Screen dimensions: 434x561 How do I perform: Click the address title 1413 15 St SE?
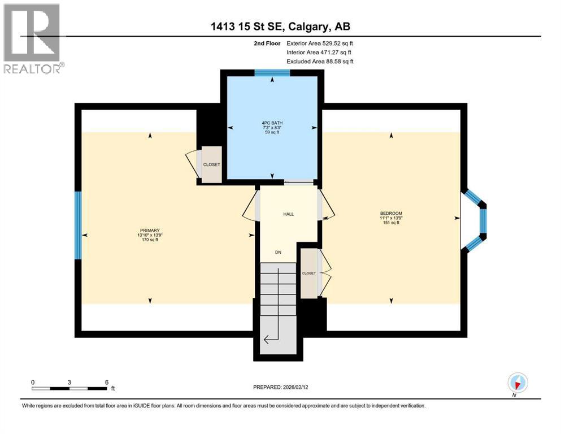point(280,27)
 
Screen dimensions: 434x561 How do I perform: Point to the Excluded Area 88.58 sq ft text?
point(320,61)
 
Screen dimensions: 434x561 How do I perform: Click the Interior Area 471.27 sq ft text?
point(319,52)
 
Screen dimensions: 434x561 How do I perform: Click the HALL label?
point(288,214)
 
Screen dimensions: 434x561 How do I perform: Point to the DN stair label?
point(278,252)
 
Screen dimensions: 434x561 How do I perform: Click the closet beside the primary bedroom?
point(212,164)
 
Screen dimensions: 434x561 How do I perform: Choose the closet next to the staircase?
point(309,273)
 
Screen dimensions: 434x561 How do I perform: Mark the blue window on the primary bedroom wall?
point(78,224)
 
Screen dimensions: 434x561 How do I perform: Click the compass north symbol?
point(517,383)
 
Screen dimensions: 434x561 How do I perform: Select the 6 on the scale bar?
point(106,382)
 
